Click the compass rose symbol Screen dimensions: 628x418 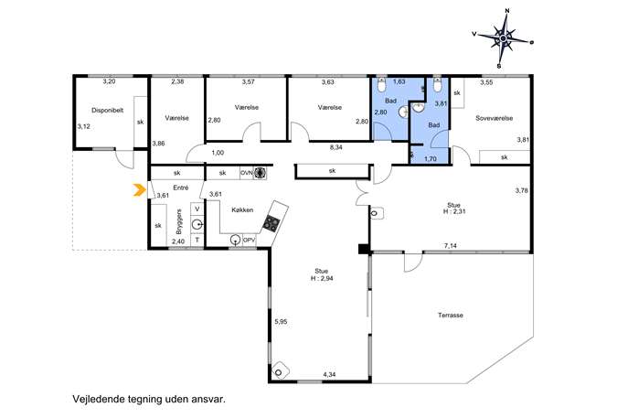coord(503,38)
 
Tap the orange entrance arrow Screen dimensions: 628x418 coord(139,189)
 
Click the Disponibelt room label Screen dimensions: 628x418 coord(107,110)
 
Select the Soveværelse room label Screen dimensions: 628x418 coord(494,118)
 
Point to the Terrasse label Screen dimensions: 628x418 coord(450,315)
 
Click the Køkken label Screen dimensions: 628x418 coord(242,209)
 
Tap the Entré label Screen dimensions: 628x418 coord(181,188)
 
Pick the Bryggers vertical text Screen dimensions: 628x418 coord(179,221)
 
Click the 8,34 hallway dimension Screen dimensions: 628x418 coord(335,147)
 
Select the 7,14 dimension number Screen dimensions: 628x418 coord(451,246)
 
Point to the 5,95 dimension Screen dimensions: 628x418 coord(281,321)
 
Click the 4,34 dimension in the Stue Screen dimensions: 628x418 coord(329,375)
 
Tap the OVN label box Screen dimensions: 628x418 coord(247,173)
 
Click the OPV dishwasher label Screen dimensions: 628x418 coord(250,240)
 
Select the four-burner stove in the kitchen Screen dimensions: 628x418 coord(271,224)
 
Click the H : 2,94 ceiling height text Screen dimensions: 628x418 coord(322,278)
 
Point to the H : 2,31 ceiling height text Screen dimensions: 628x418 coord(454,211)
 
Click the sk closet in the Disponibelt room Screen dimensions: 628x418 coord(140,122)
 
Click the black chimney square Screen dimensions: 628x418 coord(364,249)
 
